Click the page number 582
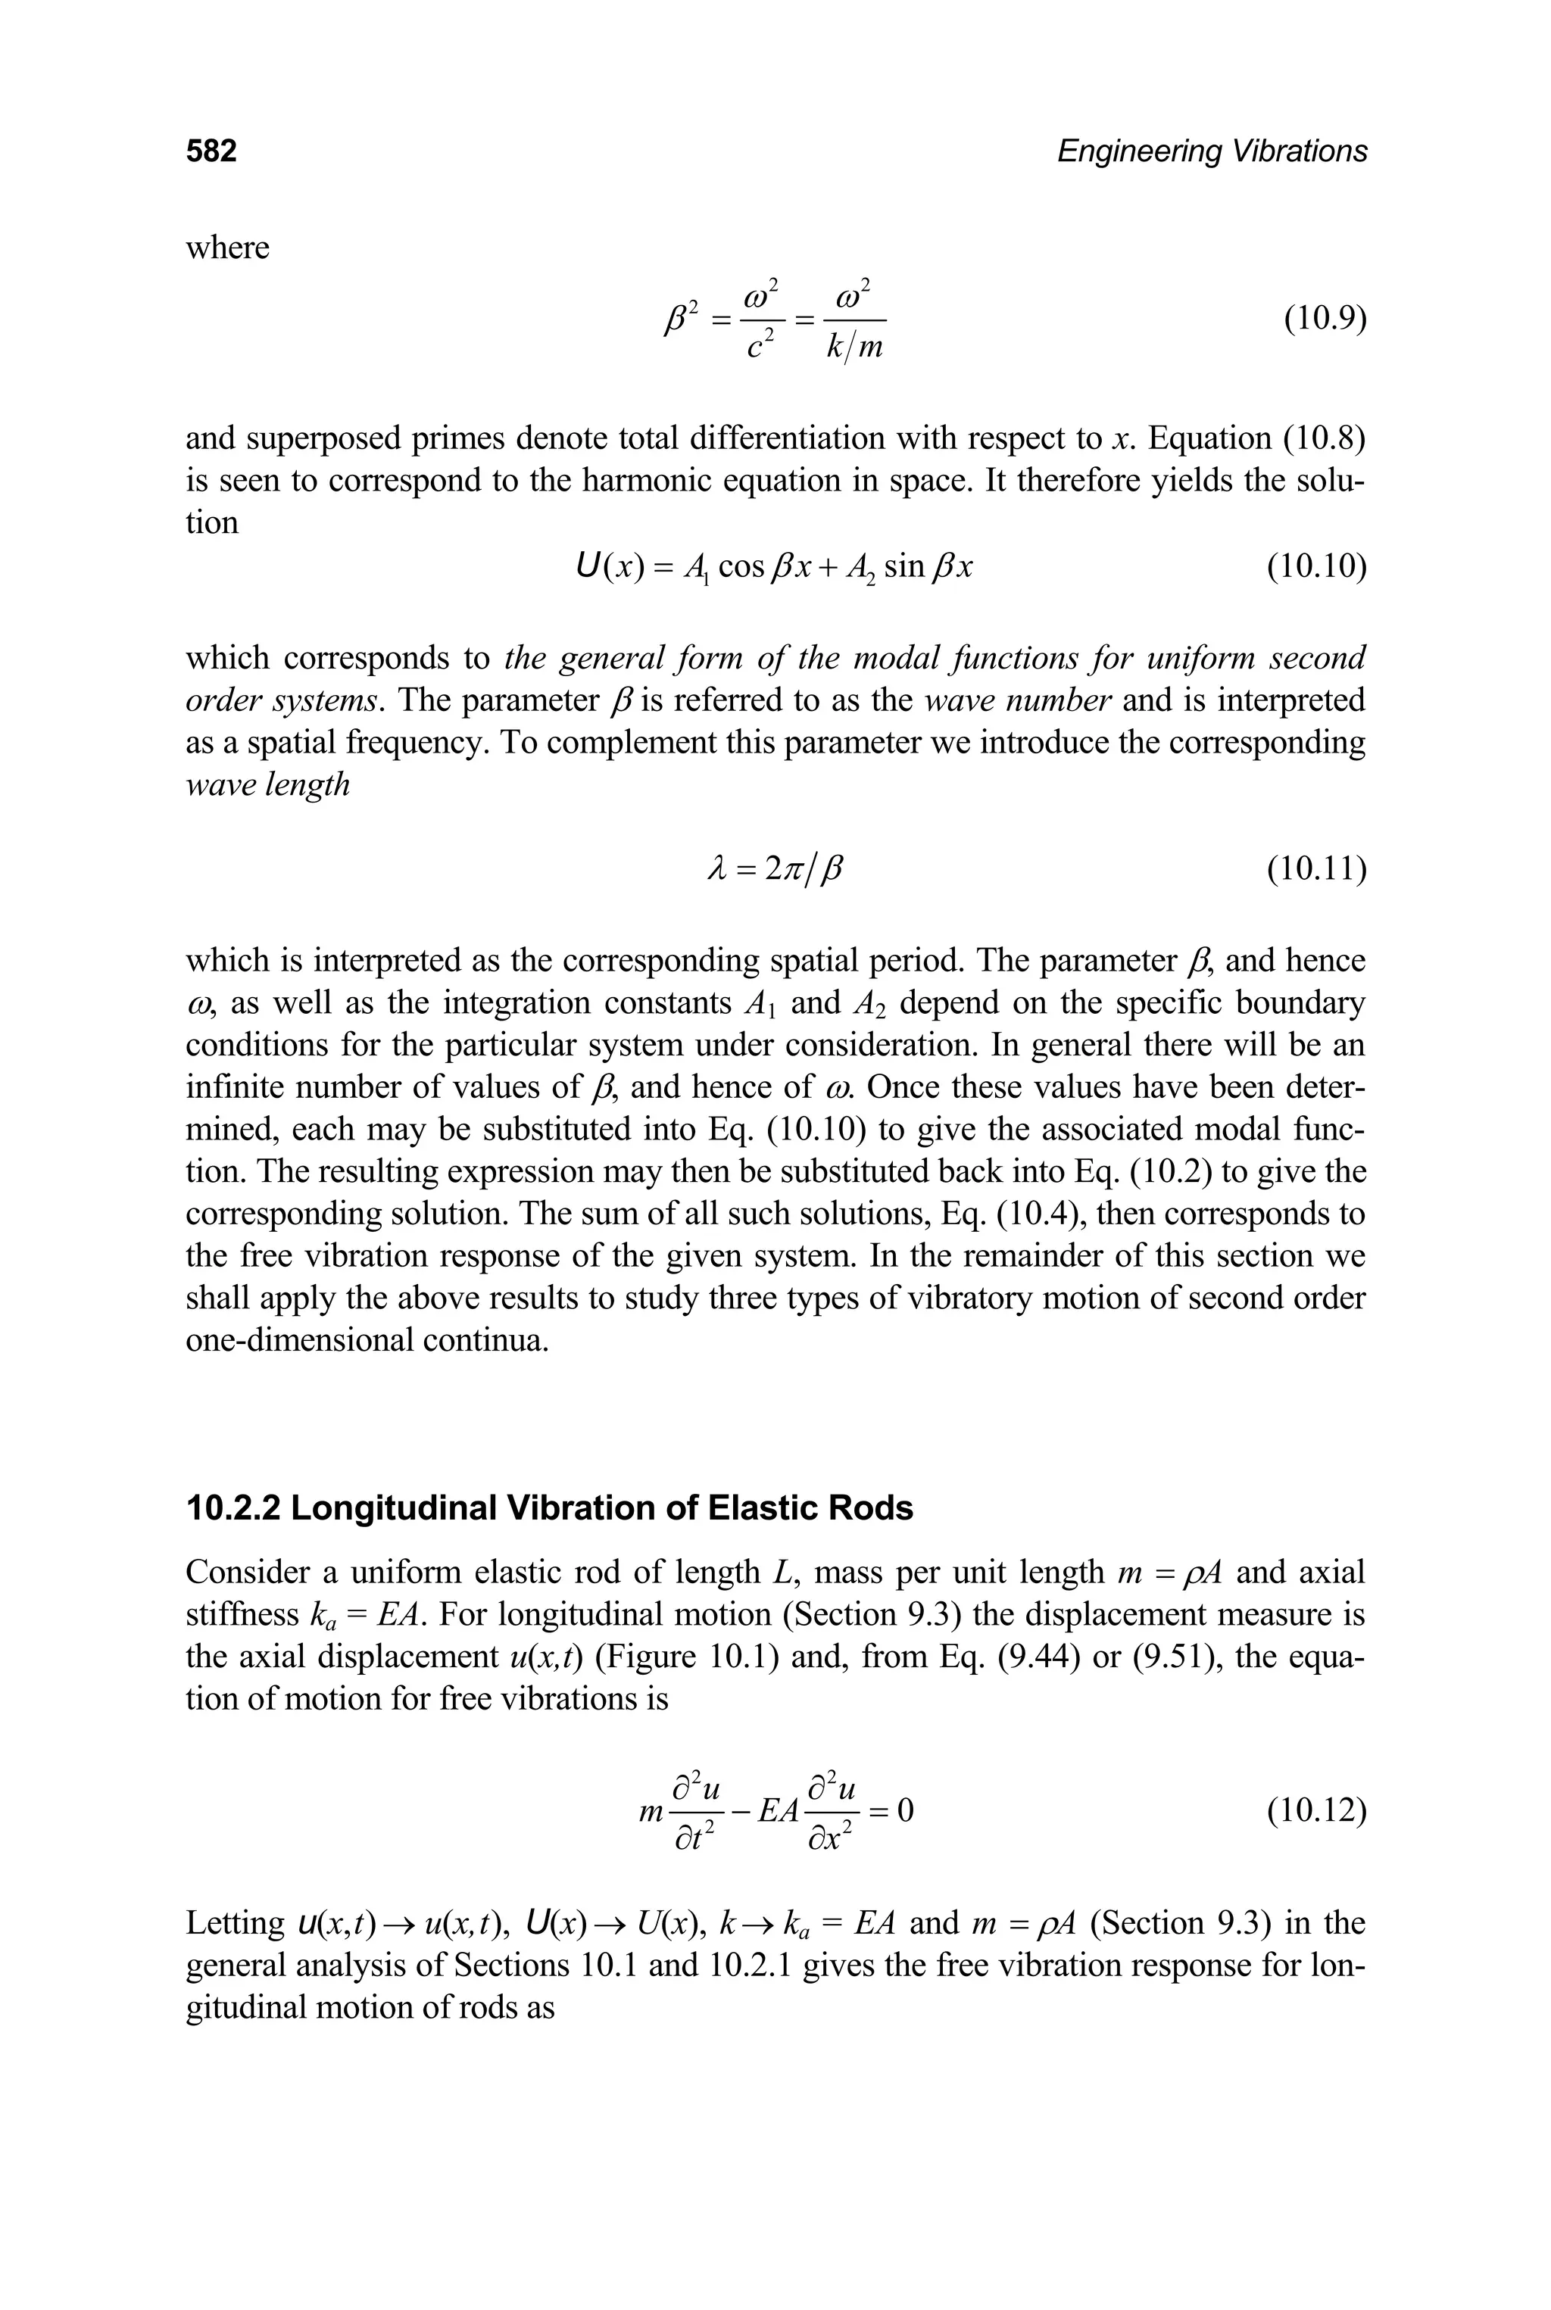(212, 151)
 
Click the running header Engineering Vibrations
(1212, 151)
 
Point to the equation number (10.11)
(1316, 869)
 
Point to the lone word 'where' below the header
(227, 248)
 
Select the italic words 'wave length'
(268, 785)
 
